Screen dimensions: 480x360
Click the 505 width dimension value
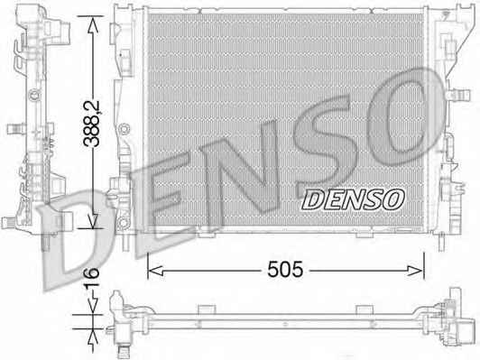[285, 270]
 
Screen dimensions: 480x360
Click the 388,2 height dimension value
[92, 123]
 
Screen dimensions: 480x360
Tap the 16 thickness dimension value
[92, 277]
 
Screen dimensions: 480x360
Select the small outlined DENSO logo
[353, 199]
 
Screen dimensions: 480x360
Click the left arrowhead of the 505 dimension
[155, 271]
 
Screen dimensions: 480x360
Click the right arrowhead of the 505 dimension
[416, 271]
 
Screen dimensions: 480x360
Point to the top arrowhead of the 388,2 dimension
[92, 23]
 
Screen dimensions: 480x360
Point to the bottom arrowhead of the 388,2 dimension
[92, 221]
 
